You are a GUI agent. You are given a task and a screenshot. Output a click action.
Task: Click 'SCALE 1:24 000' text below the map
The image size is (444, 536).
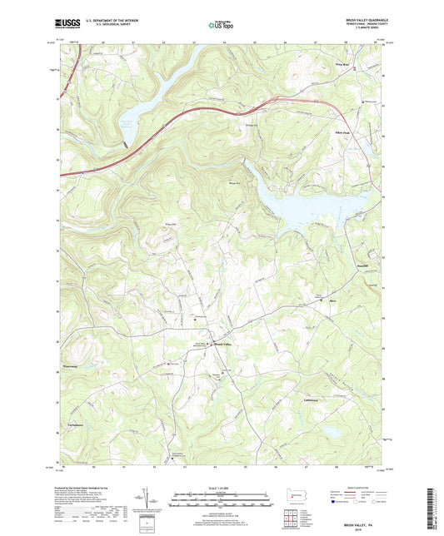(222, 489)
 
